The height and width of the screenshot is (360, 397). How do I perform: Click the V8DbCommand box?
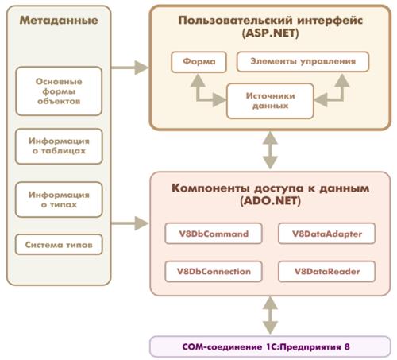[214, 234]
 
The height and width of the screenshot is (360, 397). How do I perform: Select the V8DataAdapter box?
[326, 234]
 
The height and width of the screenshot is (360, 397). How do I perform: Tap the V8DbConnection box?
[214, 271]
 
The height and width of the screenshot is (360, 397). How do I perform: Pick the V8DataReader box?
[326, 271]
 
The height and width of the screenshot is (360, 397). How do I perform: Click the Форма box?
[198, 62]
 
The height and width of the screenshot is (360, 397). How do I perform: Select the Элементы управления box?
[303, 62]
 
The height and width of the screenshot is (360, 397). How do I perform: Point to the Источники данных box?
[270, 101]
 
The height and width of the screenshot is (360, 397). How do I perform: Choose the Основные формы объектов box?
[59, 91]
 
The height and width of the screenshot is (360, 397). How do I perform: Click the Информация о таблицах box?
[59, 146]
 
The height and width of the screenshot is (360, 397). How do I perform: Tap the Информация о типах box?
[59, 199]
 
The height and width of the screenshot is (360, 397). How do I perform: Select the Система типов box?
[59, 245]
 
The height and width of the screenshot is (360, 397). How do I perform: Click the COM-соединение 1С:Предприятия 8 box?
[270, 346]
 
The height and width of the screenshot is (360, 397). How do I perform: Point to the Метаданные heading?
[59, 21]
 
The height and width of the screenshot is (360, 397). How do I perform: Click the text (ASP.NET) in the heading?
[270, 33]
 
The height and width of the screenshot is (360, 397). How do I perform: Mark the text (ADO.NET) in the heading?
[270, 201]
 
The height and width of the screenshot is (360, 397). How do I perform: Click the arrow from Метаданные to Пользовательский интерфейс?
[129, 68]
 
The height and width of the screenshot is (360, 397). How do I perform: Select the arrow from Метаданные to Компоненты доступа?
[129, 223]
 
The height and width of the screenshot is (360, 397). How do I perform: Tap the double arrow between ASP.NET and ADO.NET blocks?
[270, 150]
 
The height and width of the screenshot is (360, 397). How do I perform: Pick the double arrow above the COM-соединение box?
[270, 315]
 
